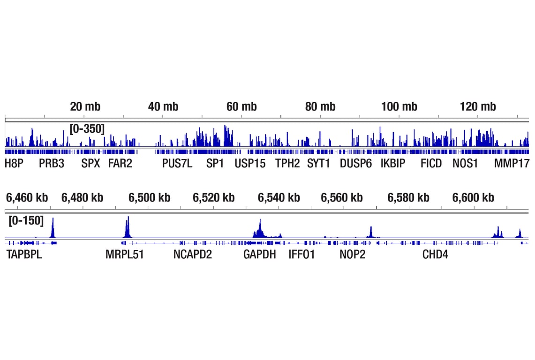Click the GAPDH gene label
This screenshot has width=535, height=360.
pyautogui.click(x=259, y=255)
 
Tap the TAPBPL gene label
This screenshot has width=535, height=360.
pyautogui.click(x=24, y=255)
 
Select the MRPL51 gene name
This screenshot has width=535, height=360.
pyautogui.click(x=125, y=255)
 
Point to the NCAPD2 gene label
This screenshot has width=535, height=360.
pyautogui.click(x=192, y=255)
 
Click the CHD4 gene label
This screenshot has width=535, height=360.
pyautogui.click(x=435, y=255)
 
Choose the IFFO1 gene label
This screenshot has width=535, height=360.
pyautogui.click(x=301, y=255)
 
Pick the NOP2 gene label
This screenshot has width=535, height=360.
pyautogui.click(x=352, y=255)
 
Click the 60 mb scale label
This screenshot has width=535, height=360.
pyautogui.click(x=241, y=106)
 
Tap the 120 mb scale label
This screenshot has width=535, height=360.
pyautogui.click(x=478, y=106)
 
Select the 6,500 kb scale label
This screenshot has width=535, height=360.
pyautogui.click(x=149, y=197)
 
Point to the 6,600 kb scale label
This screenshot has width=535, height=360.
pyautogui.click(x=473, y=197)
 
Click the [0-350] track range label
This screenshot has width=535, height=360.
pyautogui.click(x=87, y=128)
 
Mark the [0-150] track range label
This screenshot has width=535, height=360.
pyautogui.click(x=26, y=220)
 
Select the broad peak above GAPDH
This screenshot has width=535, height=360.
pyautogui.click(x=260, y=230)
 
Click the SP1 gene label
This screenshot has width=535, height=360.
pyautogui.click(x=215, y=163)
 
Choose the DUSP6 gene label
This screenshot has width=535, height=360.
pyautogui.click(x=355, y=163)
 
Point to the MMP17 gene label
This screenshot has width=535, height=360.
pyautogui.click(x=512, y=163)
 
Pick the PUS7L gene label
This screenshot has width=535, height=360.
pyautogui.click(x=177, y=163)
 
